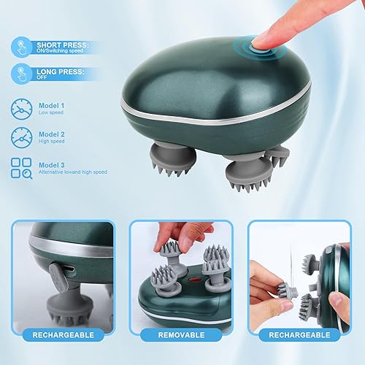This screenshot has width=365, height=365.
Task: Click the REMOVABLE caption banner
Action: tap(182, 336)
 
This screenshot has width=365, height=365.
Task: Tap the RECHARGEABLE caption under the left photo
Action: tap(62, 336)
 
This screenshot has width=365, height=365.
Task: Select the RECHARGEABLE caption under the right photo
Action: tap(300, 336)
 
